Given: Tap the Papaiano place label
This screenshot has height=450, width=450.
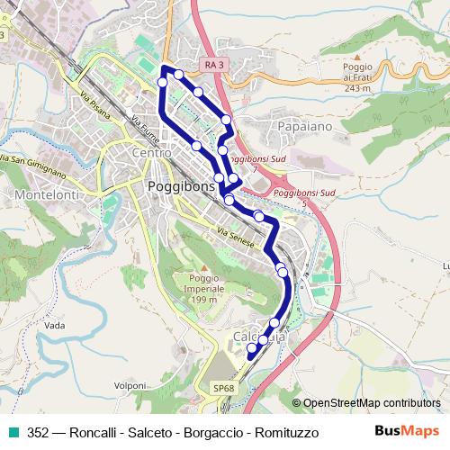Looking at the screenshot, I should (x=306, y=127).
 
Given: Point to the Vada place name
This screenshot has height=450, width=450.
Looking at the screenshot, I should (x=55, y=324).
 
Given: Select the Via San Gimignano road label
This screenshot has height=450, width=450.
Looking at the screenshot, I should (x=34, y=164).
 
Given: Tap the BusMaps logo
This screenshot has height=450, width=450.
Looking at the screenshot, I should (x=409, y=431).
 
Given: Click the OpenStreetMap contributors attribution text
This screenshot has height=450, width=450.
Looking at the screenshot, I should (x=371, y=403).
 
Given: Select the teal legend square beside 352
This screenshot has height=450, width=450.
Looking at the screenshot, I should (x=13, y=432).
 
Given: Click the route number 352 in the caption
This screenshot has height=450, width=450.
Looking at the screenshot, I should (x=38, y=432).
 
